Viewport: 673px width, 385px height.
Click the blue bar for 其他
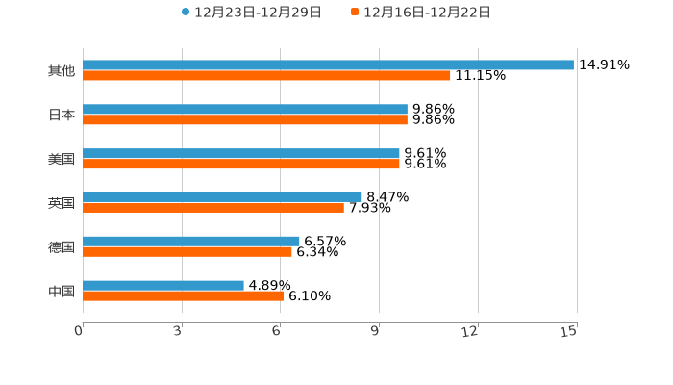[x=328, y=65]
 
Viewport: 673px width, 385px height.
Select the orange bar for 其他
[x=266, y=76]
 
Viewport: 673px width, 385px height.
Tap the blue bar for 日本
[x=245, y=110]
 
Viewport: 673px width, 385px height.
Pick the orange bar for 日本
[x=245, y=120]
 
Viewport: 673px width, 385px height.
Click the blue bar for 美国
[x=241, y=154]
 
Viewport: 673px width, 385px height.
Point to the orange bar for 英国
[x=213, y=208]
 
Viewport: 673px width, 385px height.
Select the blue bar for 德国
[x=191, y=242]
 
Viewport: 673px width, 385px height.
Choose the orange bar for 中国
[x=184, y=296]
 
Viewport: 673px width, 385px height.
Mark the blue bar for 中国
[x=163, y=286]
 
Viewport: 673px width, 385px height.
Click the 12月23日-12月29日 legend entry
[x=251, y=13]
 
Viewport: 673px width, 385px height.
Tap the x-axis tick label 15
[x=569, y=331]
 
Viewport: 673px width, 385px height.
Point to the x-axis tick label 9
[x=376, y=331]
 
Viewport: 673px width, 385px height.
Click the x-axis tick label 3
[x=179, y=331]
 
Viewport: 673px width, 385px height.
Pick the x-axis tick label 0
[x=80, y=331]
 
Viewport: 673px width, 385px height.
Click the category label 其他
[x=62, y=71]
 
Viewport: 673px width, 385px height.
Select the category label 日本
[x=62, y=115]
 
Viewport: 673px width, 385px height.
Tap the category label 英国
[x=62, y=203]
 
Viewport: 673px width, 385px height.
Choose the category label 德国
[x=62, y=247]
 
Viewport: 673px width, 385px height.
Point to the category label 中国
[x=62, y=292]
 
